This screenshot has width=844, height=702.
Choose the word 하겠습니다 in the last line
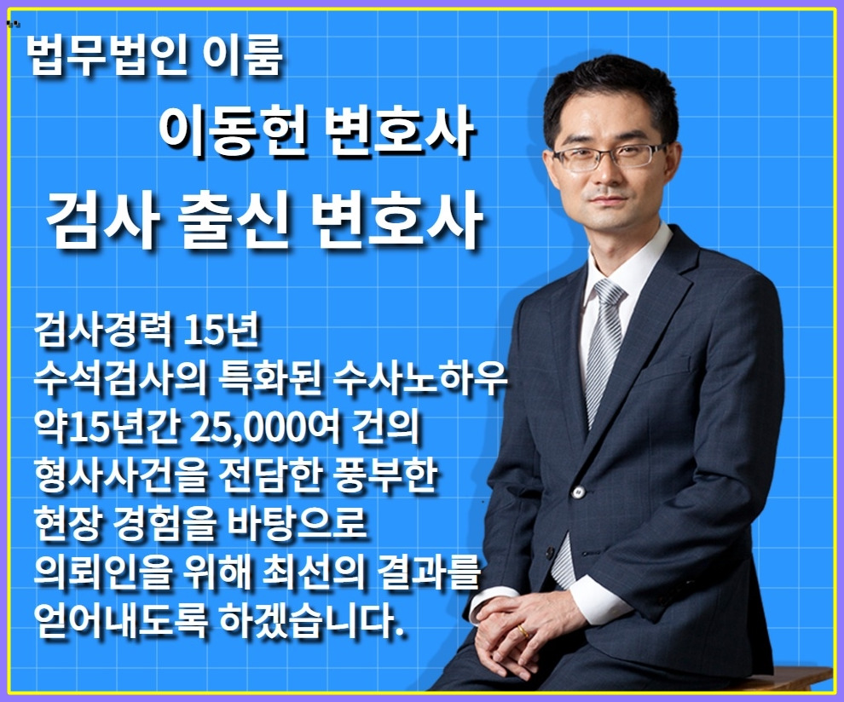[x=325, y=615]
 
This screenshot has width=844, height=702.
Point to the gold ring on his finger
[x=522, y=631]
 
